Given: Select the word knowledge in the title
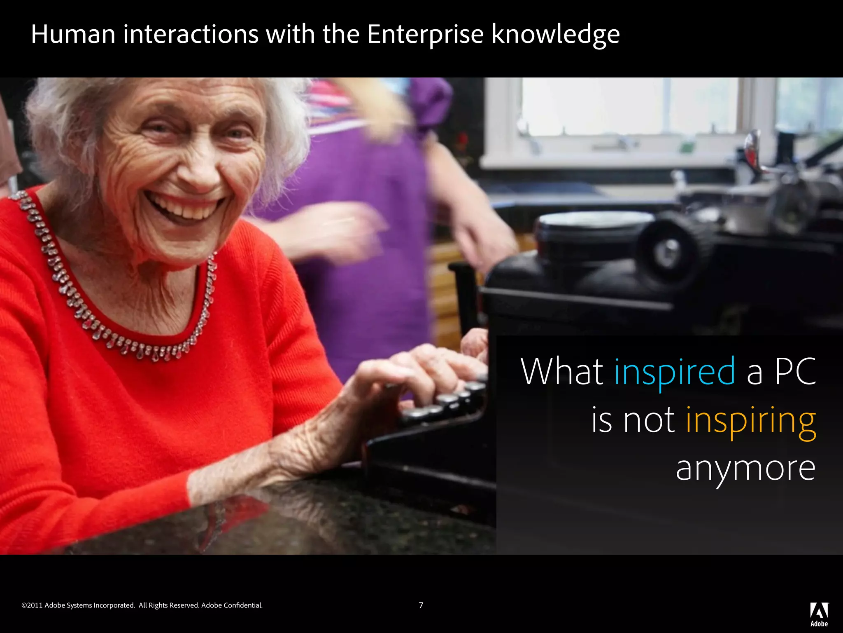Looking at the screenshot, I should coord(555,35).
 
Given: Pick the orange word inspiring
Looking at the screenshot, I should coord(750,421).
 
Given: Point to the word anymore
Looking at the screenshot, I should coord(745,469).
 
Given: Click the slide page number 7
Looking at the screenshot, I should coord(421,605).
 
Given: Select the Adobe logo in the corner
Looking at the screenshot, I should coord(819,614).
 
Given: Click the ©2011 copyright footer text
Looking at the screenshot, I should coord(142,605).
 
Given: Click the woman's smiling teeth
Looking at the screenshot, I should coord(187,208).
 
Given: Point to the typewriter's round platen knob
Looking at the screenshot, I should coord(669,249).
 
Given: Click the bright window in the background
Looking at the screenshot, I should coord(630,107).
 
